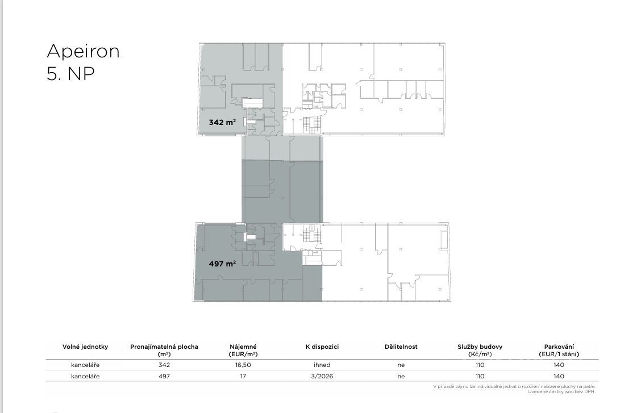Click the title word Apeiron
point(84,52)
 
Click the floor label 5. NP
point(70,74)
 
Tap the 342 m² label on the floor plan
point(222,122)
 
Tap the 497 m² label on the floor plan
point(222,264)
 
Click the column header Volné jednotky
point(85,347)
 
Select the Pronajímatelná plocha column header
point(164,350)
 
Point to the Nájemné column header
point(243,350)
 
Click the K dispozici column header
point(322,347)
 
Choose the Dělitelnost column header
point(401,347)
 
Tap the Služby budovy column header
point(480,350)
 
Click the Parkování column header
point(559,350)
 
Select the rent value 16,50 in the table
point(243,365)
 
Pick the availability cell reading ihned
point(322,365)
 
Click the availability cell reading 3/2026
point(322,376)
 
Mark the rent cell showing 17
point(243,376)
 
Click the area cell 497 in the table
point(164,376)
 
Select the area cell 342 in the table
point(164,365)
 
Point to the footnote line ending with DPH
point(561,392)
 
